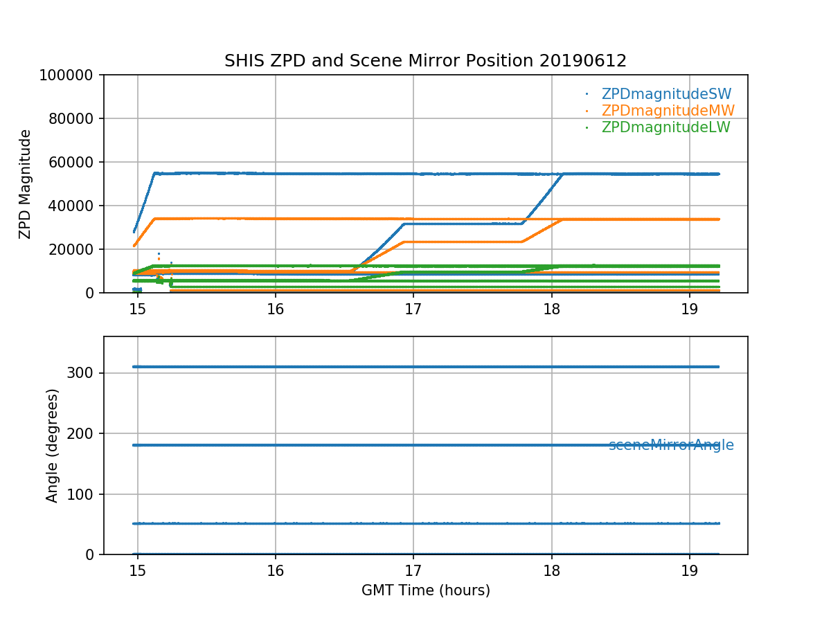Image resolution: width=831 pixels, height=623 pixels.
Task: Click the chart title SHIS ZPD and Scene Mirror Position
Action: tap(425, 61)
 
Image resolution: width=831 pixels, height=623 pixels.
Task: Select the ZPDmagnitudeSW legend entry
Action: tap(666, 94)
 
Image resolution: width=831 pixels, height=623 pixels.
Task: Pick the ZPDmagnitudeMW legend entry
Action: tap(668, 111)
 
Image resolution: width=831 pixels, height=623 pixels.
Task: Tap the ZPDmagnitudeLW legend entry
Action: tap(665, 127)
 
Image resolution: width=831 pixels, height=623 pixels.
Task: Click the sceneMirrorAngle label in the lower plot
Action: tap(670, 446)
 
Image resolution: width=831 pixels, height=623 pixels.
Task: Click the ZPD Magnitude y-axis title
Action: tap(26, 183)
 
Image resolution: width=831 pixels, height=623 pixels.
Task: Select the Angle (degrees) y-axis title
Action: tap(53, 445)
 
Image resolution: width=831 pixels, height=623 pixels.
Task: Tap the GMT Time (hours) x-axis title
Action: tap(425, 590)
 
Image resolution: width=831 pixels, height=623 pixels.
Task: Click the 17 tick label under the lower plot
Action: tap(413, 570)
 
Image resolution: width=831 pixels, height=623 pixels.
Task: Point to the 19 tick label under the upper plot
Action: tap(690, 308)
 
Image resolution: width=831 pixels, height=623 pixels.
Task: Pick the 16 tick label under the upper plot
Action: tap(276, 308)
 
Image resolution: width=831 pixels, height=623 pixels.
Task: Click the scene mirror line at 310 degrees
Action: tap(415, 366)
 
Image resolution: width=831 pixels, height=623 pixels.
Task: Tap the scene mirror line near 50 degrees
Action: tap(415, 523)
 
